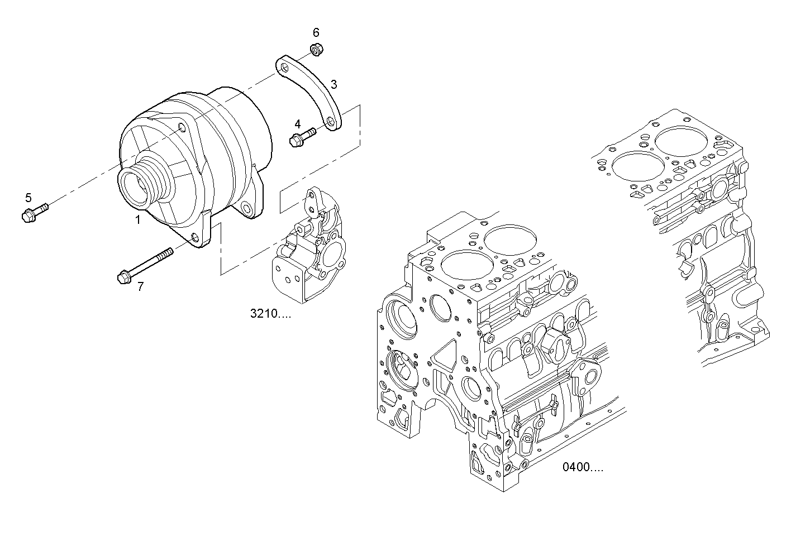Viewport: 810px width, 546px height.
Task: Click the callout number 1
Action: tap(137, 221)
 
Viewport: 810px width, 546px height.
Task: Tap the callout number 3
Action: tap(333, 85)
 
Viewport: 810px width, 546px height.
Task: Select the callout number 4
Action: tap(298, 123)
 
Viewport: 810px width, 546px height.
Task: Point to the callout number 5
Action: tap(28, 197)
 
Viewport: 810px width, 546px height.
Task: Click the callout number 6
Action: tap(316, 32)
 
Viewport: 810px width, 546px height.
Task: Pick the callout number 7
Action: tap(140, 287)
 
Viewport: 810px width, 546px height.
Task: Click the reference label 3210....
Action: tap(270, 314)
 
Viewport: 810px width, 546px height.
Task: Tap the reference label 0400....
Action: tap(583, 467)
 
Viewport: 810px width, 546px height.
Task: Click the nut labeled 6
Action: tap(316, 50)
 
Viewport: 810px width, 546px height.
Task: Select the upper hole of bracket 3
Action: tap(285, 68)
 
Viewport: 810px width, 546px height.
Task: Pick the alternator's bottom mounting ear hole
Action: tap(195, 240)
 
